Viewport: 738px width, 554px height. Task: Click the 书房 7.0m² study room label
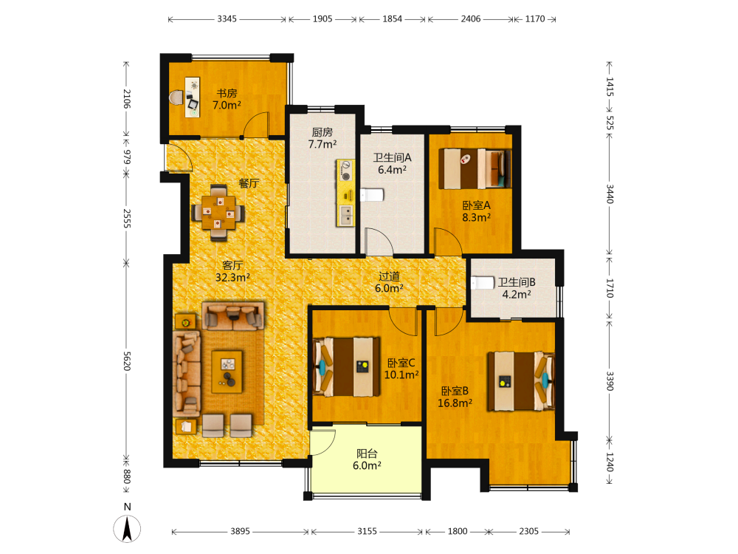point(227,100)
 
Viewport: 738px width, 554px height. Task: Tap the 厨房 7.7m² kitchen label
point(323,138)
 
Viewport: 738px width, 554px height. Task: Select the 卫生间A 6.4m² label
point(392,163)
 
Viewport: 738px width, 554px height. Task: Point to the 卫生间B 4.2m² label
point(517,288)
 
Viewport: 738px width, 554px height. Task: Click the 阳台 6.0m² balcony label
point(367,459)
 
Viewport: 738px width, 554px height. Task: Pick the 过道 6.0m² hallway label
point(389,282)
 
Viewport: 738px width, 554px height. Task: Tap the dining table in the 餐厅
point(218,213)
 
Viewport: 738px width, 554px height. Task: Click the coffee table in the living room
point(227,372)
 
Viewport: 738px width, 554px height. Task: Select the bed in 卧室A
point(475,168)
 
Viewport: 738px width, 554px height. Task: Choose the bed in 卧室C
point(347,367)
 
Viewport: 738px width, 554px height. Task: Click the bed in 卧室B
point(521,380)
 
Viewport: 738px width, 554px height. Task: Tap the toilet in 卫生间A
point(372,194)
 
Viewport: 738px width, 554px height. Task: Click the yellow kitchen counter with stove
point(345,193)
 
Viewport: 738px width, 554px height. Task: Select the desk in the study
point(192,97)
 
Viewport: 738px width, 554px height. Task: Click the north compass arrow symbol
point(127,529)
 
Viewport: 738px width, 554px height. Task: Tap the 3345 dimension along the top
point(227,19)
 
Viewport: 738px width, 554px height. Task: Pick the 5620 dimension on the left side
point(126,361)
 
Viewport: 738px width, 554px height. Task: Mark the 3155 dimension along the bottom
point(367,531)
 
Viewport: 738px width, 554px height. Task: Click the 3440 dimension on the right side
point(610,194)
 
